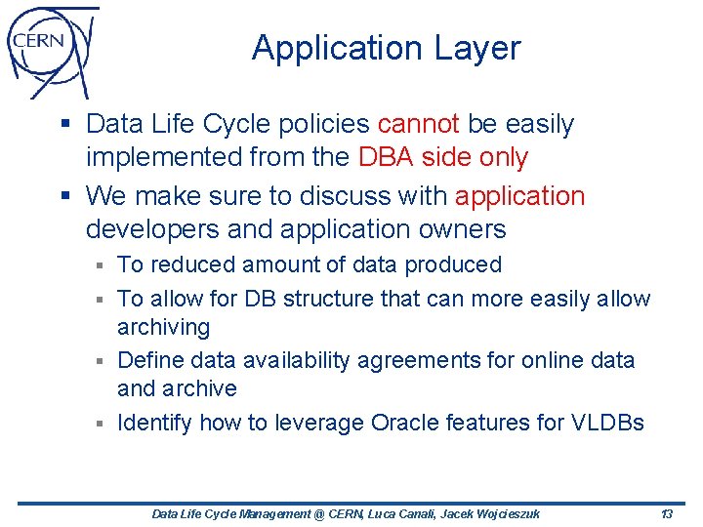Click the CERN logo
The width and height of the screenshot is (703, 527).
pos(49,49)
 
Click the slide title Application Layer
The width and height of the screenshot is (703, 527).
pos(387,48)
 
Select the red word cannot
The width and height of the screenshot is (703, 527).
pos(418,125)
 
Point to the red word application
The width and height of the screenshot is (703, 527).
pos(519,196)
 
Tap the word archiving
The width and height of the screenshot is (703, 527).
pos(163,328)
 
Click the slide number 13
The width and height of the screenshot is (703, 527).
pos(667,513)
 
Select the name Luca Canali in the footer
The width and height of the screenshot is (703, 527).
pos(393,513)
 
